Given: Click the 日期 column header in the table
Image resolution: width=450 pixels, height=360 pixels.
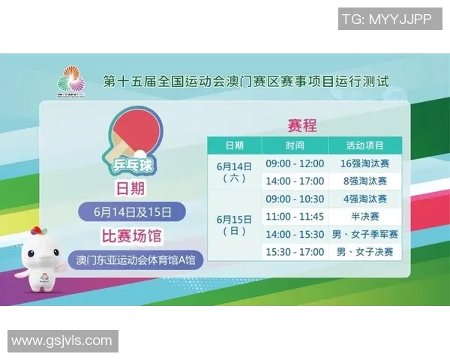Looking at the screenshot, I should pyautogui.click(x=235, y=145).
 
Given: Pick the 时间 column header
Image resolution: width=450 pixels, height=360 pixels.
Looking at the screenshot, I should pyautogui.click(x=295, y=145).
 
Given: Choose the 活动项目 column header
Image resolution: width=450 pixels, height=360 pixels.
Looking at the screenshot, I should pyautogui.click(x=364, y=145).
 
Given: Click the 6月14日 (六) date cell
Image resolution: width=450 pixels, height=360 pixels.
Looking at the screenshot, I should pyautogui.click(x=235, y=172).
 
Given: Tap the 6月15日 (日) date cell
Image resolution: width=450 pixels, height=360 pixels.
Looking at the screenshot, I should pyautogui.click(x=235, y=225).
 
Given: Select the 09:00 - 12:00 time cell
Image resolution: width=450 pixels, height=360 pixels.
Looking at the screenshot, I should pyautogui.click(x=295, y=163).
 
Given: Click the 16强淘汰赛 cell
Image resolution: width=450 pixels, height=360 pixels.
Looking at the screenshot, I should pyautogui.click(x=364, y=163).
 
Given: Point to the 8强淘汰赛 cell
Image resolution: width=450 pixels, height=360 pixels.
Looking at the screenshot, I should pyautogui.click(x=364, y=181).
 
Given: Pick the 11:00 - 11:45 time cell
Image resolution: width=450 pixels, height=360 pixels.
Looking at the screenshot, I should pyautogui.click(x=295, y=217).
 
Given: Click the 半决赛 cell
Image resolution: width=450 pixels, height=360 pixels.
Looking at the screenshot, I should pyautogui.click(x=364, y=217).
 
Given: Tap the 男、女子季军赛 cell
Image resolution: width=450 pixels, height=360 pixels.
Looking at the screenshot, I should pyautogui.click(x=364, y=235).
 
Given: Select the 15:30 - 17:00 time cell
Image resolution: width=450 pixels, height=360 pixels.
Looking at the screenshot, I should pyautogui.click(x=295, y=252).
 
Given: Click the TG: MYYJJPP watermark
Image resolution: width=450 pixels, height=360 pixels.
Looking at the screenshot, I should pyautogui.click(x=386, y=19).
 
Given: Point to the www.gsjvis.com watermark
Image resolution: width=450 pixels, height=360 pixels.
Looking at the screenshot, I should pyautogui.click(x=62, y=341).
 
